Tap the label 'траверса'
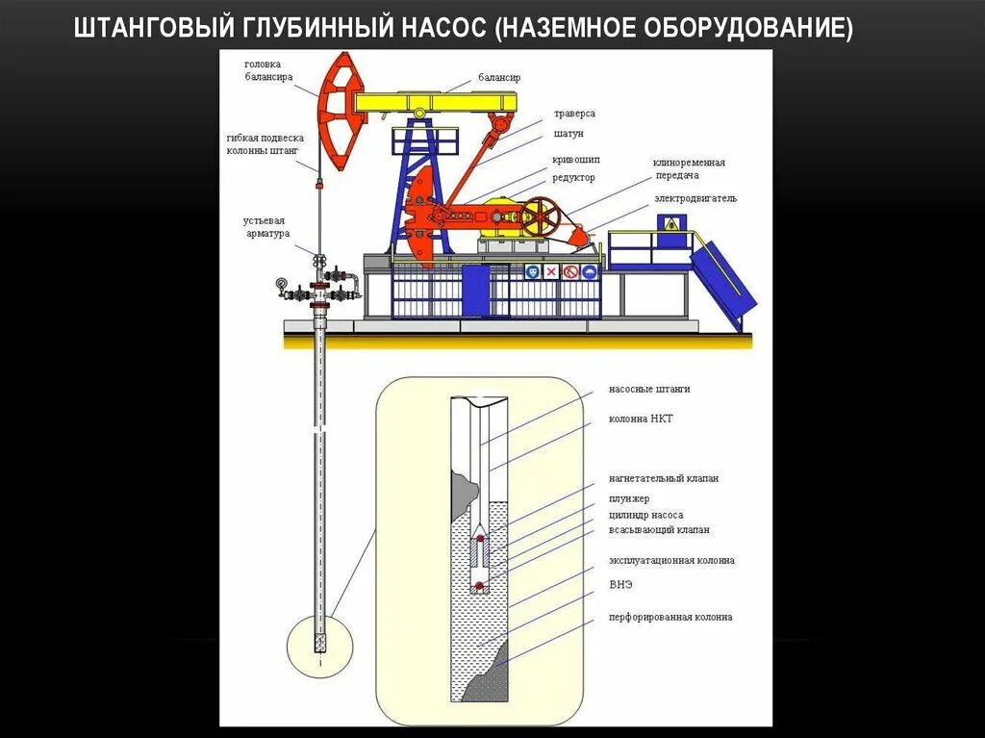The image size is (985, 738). pyautogui.click(x=574, y=115)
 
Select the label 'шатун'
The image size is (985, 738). pyautogui.click(x=568, y=134)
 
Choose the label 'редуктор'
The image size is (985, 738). pyautogui.click(x=573, y=178)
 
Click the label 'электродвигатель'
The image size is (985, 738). pyautogui.click(x=695, y=198)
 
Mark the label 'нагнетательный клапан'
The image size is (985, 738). pyautogui.click(x=664, y=478)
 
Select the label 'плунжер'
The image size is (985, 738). pyautogui.click(x=628, y=498)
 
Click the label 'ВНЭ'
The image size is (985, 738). pyautogui.click(x=620, y=584)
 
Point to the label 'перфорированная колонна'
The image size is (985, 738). pyautogui.click(x=669, y=617)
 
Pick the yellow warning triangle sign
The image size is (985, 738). pyautogui.click(x=670, y=223)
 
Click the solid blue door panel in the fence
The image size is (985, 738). pyautogui.click(x=475, y=290)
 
